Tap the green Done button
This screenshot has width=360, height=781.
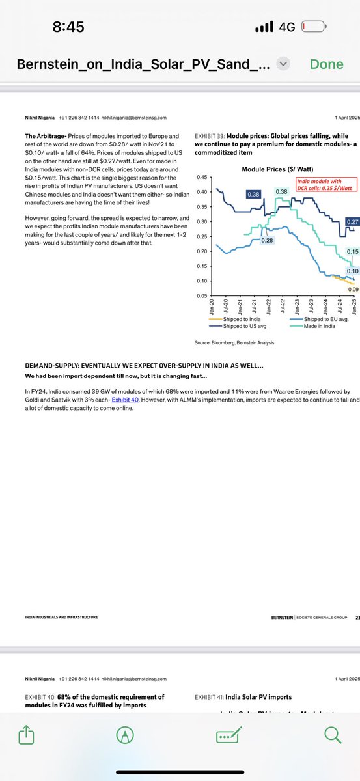pyautogui.click(x=326, y=64)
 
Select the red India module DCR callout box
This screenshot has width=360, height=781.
pyautogui.click(x=322, y=184)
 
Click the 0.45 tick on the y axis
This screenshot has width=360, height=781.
pyautogui.click(x=202, y=177)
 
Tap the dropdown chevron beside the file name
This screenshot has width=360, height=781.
pyautogui.click(x=283, y=64)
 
